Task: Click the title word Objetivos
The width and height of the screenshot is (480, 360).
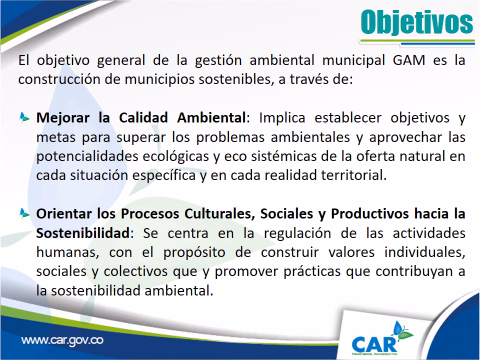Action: (417, 22)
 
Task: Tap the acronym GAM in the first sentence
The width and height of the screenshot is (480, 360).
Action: (408, 60)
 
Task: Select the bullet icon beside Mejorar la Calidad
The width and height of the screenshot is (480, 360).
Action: (24, 117)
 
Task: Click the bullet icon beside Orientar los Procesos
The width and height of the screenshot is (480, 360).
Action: (24, 213)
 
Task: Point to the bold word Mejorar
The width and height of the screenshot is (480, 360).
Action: (63, 118)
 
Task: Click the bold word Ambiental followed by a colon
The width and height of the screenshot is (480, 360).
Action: (211, 117)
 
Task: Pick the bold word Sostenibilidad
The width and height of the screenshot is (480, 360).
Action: (83, 233)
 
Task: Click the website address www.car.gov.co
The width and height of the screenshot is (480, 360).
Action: (62, 340)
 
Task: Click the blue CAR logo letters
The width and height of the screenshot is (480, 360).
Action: (374, 344)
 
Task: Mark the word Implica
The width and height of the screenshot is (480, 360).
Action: (282, 118)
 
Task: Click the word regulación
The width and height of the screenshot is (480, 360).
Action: (297, 233)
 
